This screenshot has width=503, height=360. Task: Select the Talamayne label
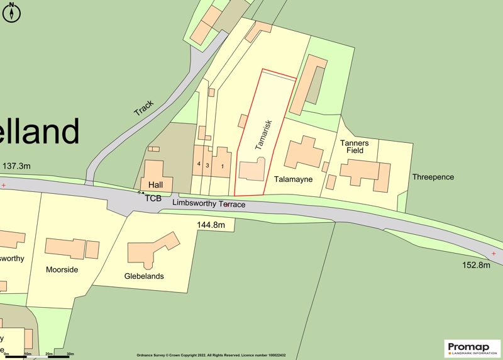tap(293, 179)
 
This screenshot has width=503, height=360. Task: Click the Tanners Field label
tap(358, 147)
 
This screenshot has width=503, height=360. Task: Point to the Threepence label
tap(433, 177)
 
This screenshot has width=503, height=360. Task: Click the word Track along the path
tap(143, 108)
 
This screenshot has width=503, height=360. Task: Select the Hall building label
tap(154, 185)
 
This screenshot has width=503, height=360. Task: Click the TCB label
tap(153, 198)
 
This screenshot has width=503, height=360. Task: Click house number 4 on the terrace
tap(198, 164)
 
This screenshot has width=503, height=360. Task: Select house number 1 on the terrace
tap(221, 166)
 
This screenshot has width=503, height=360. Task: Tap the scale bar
tap(38, 356)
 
